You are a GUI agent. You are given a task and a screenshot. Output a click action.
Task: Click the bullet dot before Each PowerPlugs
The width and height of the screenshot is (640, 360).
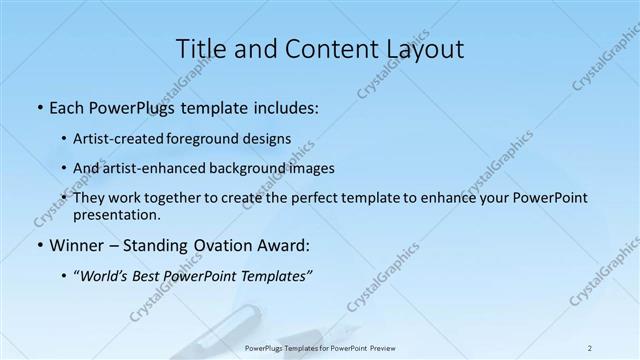pos(38,107)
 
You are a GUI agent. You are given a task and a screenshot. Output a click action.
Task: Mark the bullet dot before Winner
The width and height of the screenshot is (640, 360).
pos(38,245)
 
